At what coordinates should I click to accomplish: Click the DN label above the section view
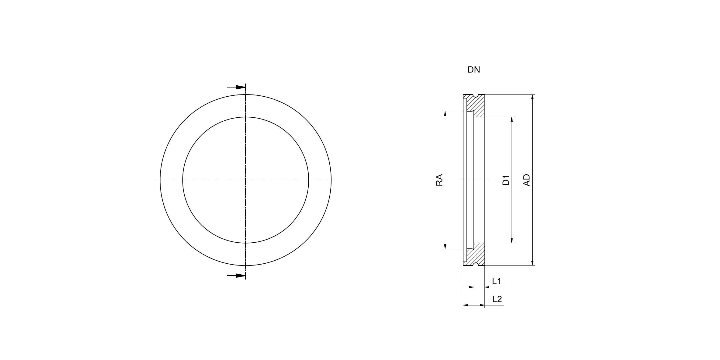pyautogui.click(x=473, y=70)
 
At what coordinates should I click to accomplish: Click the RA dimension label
pyautogui.click(x=439, y=180)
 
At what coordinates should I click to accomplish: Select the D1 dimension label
pyautogui.click(x=506, y=180)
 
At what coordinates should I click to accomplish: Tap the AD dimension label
pyautogui.click(x=527, y=180)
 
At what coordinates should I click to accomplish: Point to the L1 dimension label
pyautogui.click(x=497, y=281)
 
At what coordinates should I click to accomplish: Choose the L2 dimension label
pyautogui.click(x=497, y=299)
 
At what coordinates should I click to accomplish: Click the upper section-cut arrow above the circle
pyautogui.click(x=236, y=87)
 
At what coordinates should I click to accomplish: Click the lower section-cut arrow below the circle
pyautogui.click(x=236, y=276)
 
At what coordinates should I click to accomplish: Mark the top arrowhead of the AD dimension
pyautogui.click(x=532, y=97)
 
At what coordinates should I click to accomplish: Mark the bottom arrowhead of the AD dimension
pyautogui.click(x=532, y=263)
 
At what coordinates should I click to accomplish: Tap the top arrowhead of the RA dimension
pyautogui.click(x=445, y=114)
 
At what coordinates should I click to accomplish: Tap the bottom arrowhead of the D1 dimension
pyautogui.click(x=512, y=240)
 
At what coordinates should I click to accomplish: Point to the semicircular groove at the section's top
pyautogui.click(x=474, y=96)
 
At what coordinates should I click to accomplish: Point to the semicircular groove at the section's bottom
pyautogui.click(x=474, y=264)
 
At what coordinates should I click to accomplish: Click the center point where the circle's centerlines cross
pyautogui.click(x=246, y=180)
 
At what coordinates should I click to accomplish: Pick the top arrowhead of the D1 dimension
pyautogui.click(x=512, y=120)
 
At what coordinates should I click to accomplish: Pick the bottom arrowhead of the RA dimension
pyautogui.click(x=445, y=246)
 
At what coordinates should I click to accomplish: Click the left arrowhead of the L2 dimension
pyautogui.click(x=466, y=305)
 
